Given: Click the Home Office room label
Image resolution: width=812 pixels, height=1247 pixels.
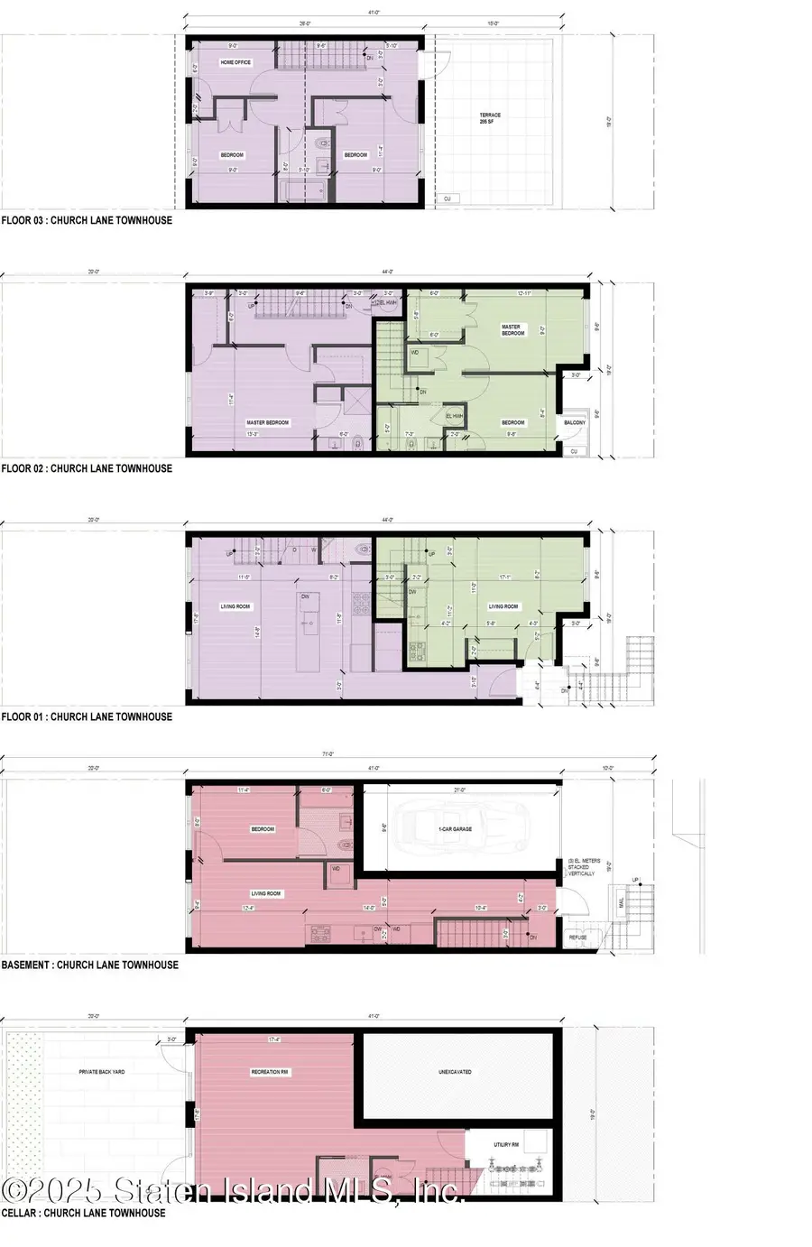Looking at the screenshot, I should [235, 62].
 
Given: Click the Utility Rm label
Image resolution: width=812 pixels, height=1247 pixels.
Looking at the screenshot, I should [506, 1145].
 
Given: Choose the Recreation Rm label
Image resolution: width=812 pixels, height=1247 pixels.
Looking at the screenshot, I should [269, 1072].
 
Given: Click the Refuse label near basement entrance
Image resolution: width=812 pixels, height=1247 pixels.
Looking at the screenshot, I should [577, 937].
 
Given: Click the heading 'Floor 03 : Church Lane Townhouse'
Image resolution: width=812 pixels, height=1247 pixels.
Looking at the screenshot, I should [87, 219].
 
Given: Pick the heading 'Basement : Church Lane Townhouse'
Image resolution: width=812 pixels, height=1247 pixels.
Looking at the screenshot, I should [90, 965].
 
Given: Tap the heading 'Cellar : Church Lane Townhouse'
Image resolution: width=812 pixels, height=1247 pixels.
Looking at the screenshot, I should [84, 1213].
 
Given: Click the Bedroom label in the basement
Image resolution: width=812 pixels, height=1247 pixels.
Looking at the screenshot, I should [263, 828].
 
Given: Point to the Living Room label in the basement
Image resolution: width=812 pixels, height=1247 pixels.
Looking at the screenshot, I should [266, 893].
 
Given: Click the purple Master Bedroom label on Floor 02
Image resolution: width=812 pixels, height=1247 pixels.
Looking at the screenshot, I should [268, 422].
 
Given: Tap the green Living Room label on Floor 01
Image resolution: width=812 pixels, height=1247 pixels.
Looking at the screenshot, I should [503, 606].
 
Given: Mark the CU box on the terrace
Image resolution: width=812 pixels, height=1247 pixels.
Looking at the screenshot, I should [448, 199].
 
